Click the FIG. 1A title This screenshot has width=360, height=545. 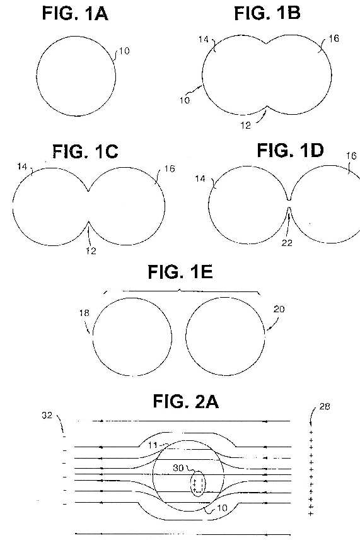[x=75, y=13]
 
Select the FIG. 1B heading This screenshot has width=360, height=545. [x=267, y=13]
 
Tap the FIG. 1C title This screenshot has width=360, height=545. [x=85, y=151]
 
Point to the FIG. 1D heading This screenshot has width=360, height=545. [x=290, y=151]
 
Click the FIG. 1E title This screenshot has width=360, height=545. [x=180, y=272]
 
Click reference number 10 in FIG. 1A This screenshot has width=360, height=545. [x=124, y=51]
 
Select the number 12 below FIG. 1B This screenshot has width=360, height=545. [x=245, y=125]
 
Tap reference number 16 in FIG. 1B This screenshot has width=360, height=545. [x=334, y=38]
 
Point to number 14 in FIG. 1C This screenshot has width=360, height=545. [x=22, y=167]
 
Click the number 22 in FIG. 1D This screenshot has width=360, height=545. [x=287, y=243]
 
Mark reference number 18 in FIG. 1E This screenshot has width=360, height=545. [x=84, y=313]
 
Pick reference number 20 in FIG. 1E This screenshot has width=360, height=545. [x=279, y=309]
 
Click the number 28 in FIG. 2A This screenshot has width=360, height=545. [x=325, y=406]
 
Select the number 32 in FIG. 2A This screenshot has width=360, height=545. [x=47, y=415]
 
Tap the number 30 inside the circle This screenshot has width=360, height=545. [x=178, y=468]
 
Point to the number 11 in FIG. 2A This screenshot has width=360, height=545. [x=153, y=445]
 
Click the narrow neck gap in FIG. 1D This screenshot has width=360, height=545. [x=289, y=204]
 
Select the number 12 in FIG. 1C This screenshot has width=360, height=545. [x=91, y=250]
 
